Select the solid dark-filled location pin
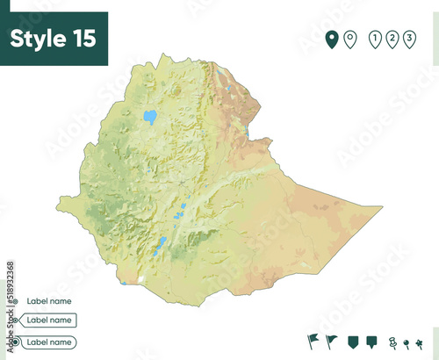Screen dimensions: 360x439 tap(332, 39)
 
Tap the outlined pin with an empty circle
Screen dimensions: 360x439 tap(349, 39)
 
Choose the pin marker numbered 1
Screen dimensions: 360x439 tap(376, 39)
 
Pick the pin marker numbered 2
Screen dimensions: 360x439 tap(392, 39)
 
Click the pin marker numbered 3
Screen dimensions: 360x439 tap(409, 39)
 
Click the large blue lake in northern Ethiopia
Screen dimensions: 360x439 tap(150, 116)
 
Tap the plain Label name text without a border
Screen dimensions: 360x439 tap(48, 301)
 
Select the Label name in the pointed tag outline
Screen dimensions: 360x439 tap(49, 320)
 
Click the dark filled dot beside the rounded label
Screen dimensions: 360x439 tap(15, 342)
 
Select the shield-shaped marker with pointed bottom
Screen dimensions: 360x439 tap(353, 341)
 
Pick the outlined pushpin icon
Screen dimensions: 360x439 tap(392, 342)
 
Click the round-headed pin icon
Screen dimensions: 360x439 tap(406, 342)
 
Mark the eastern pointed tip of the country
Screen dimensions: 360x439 tap(383, 207)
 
